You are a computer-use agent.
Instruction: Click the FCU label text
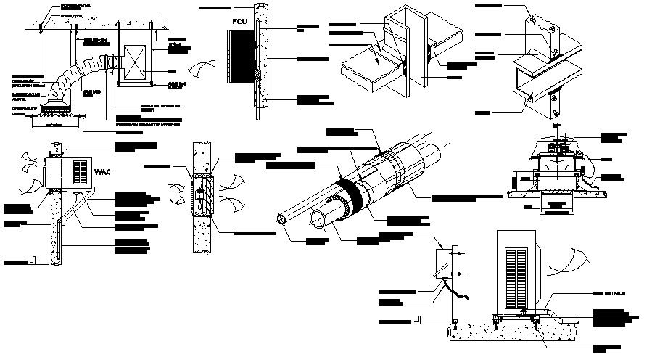point(240,22)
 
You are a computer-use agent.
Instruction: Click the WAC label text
point(102,173)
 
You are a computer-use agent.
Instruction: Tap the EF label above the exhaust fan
point(555,126)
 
